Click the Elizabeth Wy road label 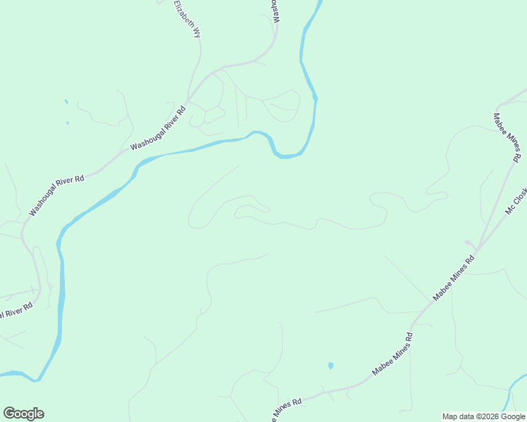187,19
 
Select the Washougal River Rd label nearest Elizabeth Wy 158,127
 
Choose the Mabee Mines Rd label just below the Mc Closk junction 454,278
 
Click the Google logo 23,413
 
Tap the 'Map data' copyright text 461,416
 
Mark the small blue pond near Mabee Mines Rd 330,366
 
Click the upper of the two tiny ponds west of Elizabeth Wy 66,102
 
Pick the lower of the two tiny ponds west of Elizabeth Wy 68,123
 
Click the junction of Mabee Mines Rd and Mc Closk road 478,248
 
